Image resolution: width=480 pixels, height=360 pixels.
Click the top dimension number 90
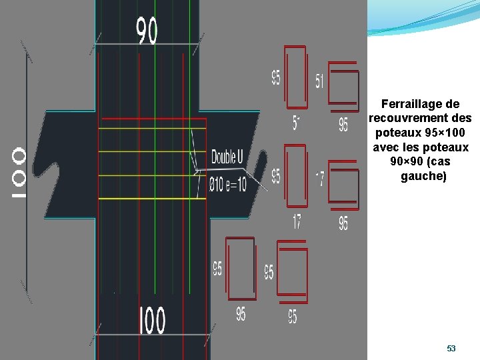147,31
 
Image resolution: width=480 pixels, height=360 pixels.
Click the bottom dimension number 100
152,321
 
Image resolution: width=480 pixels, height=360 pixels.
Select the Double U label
227,157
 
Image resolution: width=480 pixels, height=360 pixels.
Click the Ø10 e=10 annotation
227,183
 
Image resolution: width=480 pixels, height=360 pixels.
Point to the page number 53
451,349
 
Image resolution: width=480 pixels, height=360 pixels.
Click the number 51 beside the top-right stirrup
319,81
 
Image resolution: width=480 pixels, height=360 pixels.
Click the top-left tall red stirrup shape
295,77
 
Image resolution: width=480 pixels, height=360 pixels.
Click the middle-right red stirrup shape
343,185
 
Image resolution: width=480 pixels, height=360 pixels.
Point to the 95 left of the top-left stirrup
275,78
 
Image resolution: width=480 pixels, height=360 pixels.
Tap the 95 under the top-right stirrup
343,125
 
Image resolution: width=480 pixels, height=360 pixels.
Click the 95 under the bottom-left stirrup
240,313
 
